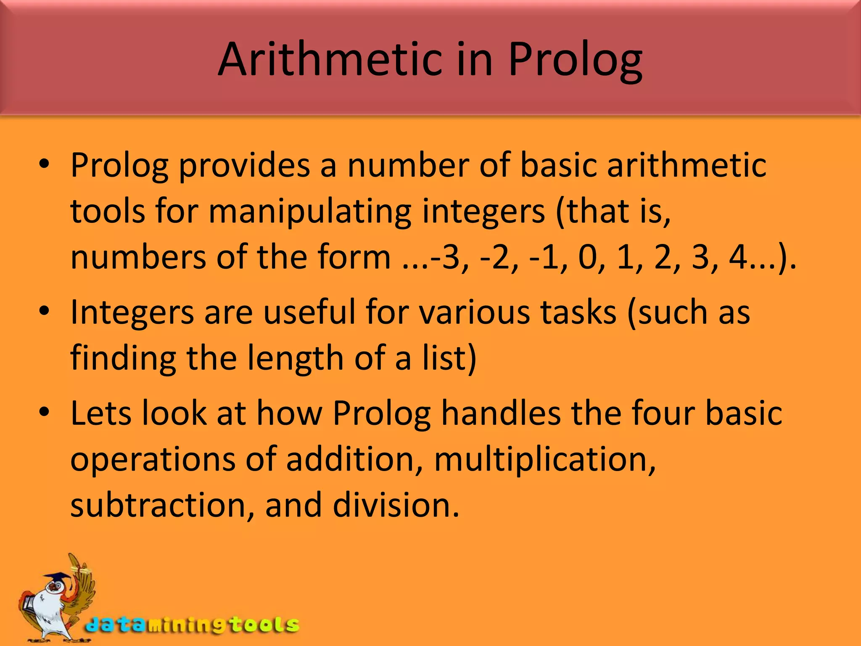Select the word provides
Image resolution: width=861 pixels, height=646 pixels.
coord(244,165)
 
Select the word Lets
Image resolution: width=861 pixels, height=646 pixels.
coord(100,413)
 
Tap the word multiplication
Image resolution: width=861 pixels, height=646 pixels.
coord(544,460)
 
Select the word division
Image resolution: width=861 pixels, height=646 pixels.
coord(396,505)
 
